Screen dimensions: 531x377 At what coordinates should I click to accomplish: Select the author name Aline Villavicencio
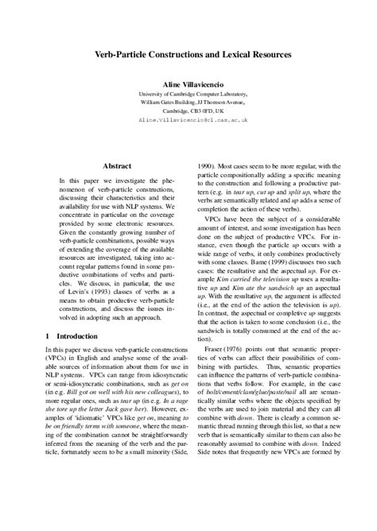tap(188, 83)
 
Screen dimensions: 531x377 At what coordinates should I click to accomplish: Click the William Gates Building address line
tap(188, 103)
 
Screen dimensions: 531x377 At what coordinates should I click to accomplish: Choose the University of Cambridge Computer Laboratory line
tap(188, 93)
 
